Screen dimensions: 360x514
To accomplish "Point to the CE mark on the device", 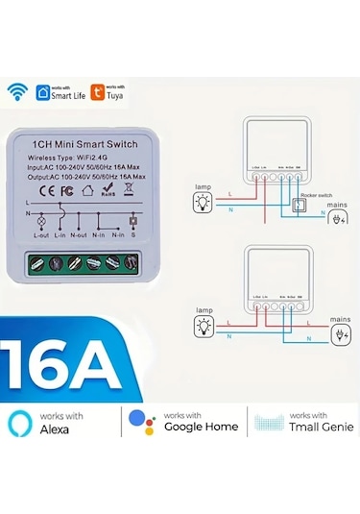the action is click(x=39, y=191).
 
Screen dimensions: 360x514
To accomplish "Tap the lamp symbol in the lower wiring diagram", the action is click(x=203, y=328).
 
